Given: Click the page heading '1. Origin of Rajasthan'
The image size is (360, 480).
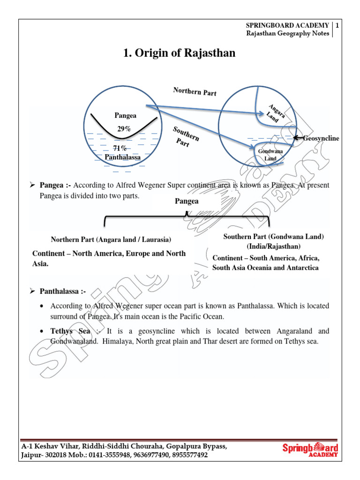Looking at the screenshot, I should point(179,54).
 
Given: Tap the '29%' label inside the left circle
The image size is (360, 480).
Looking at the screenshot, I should point(124,128).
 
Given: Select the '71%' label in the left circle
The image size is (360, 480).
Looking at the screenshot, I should point(120,149).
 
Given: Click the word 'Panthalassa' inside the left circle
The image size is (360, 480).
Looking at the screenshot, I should point(122,157).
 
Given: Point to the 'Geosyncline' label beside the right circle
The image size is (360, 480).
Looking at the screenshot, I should point(321,138).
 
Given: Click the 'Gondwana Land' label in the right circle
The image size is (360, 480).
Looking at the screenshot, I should point(270,155).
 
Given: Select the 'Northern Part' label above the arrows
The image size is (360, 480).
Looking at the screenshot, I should point(195,91).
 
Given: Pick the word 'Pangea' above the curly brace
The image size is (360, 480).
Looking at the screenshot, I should point(187,201).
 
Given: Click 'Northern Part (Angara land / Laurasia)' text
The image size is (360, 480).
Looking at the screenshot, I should point(111,239).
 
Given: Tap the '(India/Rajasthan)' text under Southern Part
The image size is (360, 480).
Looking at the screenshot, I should point(274,246).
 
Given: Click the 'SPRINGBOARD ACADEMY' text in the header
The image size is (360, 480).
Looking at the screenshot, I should point(288,25).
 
